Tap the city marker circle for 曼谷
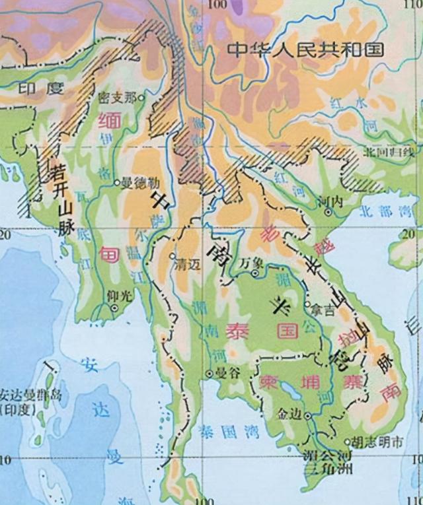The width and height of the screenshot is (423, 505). [209, 374]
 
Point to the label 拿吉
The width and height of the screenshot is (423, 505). [325, 308]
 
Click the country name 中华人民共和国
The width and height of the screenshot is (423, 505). [305, 50]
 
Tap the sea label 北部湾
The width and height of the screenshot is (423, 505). [383, 213]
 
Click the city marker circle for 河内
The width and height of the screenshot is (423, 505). [328, 211]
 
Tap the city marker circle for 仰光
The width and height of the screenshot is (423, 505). [114, 308]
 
